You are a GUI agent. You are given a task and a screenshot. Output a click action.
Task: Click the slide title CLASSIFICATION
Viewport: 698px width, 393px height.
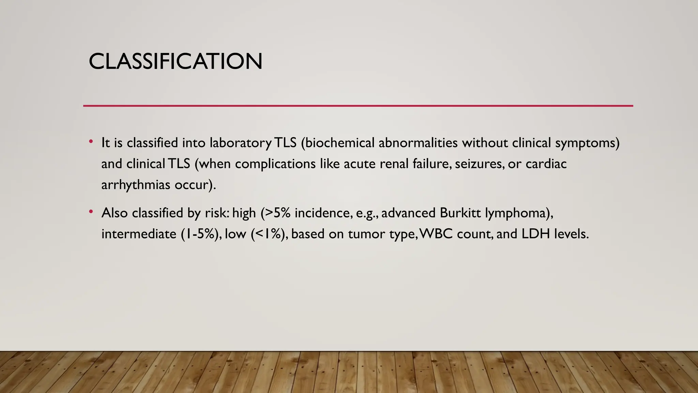click(176, 62)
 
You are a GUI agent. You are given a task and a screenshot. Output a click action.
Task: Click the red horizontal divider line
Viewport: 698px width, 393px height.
click(358, 106)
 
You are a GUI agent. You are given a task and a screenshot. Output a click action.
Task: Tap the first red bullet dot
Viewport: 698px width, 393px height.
click(91, 142)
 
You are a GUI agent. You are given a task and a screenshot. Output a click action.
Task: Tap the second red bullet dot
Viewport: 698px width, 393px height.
click(91, 212)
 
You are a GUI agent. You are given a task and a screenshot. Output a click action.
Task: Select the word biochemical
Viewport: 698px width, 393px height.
click(337, 143)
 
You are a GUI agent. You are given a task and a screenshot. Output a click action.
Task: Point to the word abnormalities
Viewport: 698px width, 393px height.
click(418, 143)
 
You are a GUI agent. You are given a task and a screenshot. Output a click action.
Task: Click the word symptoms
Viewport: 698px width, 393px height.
click(587, 143)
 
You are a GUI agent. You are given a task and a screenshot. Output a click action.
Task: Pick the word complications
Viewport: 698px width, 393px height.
click(275, 164)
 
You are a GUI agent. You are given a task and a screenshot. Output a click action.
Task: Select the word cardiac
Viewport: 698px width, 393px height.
click(546, 164)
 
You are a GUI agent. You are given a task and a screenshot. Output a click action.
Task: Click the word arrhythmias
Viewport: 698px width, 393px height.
click(136, 185)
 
